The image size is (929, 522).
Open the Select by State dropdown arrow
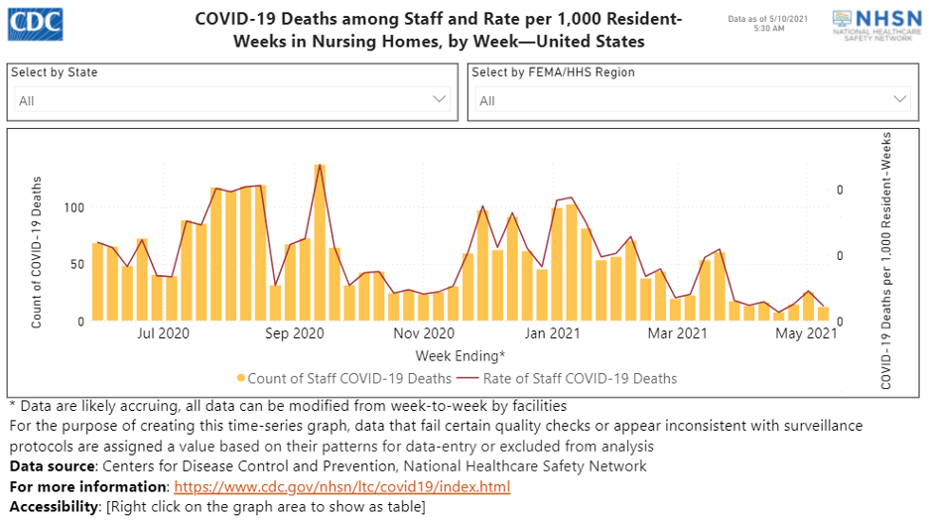point(441,99)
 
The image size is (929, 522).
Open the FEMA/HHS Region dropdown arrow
point(900,99)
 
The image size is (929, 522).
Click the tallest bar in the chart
point(320,242)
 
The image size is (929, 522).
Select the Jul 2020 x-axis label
point(164,333)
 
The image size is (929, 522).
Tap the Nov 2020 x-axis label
point(423,333)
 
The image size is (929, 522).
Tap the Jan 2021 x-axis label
point(552,333)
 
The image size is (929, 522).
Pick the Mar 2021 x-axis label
point(678,333)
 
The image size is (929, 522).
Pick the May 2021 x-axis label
point(806,333)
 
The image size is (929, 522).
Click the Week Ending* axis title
point(460,354)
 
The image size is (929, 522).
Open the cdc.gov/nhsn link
point(341,486)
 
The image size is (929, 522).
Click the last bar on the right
point(823,314)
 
